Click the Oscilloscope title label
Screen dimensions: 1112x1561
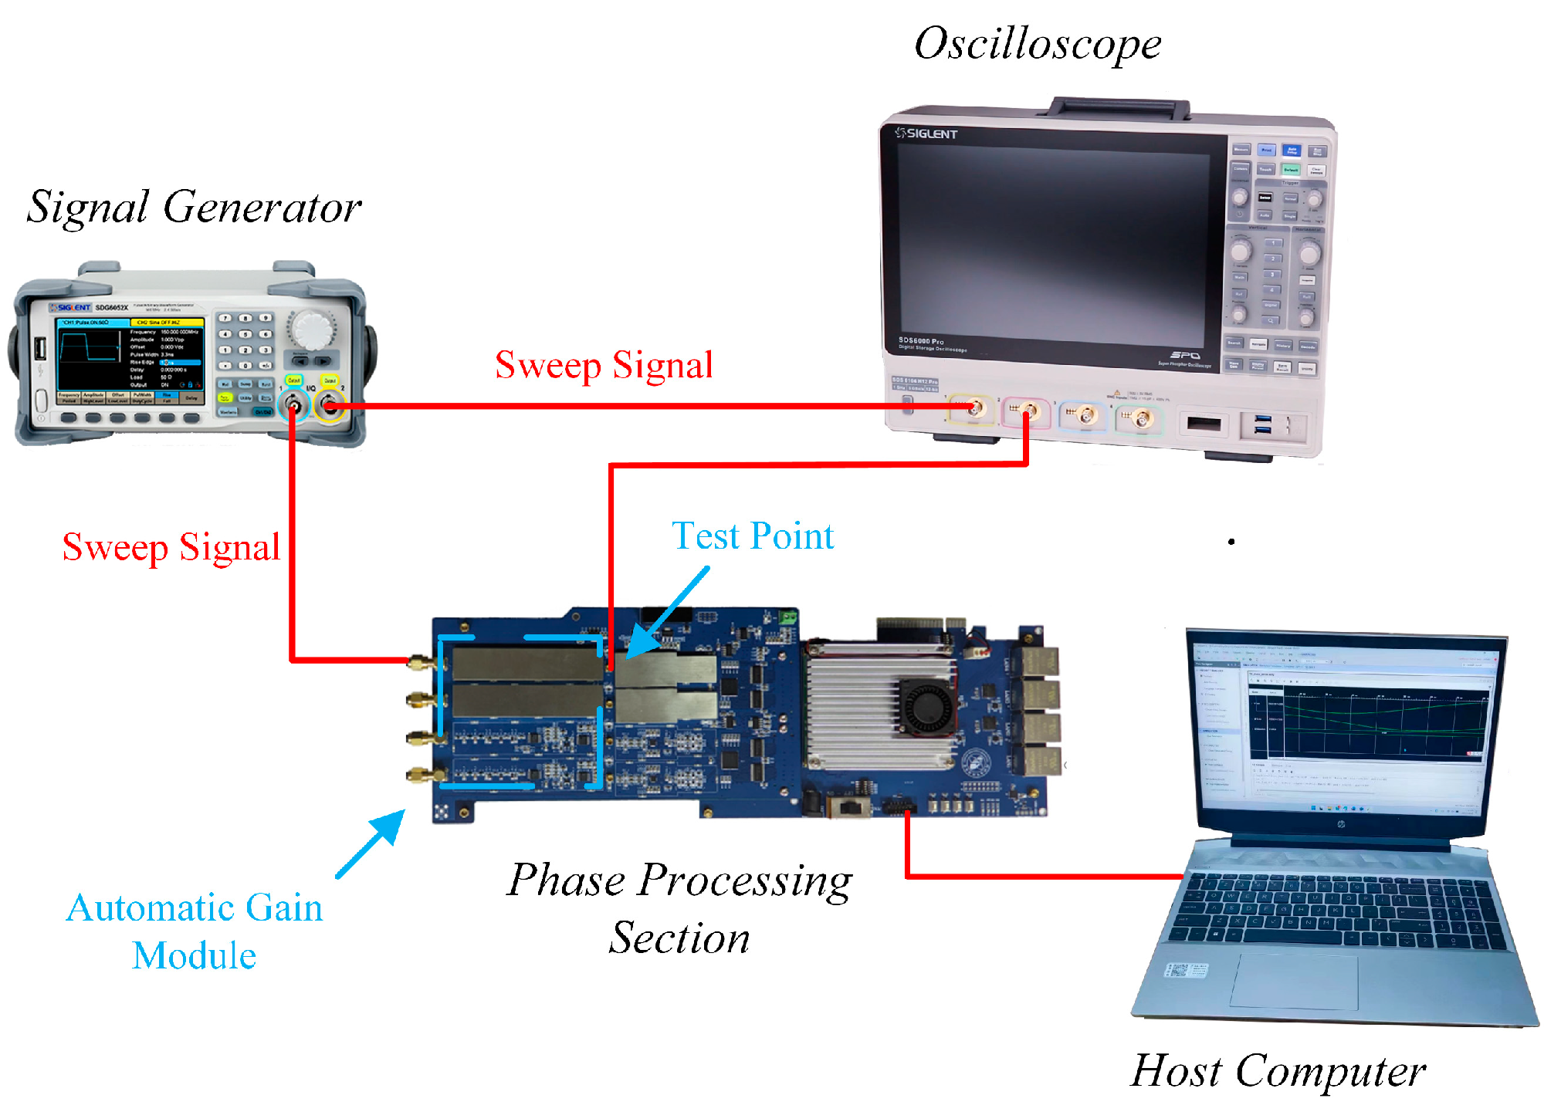tap(1037, 44)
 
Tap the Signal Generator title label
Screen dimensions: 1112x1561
tap(194, 207)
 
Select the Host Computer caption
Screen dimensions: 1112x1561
tap(1278, 1070)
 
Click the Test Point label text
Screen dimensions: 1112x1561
tap(753, 536)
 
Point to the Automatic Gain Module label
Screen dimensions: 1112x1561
tap(194, 931)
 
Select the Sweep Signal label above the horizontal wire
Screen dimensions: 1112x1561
tap(604, 365)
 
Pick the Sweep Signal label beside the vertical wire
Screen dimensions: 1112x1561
tap(171, 547)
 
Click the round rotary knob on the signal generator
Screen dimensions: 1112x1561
tap(313, 330)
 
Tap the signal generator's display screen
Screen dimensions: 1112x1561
tap(130, 359)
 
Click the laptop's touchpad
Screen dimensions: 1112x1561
tap(1295, 980)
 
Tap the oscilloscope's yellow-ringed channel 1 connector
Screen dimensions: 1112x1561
tap(974, 408)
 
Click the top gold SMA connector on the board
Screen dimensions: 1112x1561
tap(418, 662)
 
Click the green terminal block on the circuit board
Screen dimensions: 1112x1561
tap(787, 617)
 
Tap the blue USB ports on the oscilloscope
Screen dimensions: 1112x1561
tap(1263, 424)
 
